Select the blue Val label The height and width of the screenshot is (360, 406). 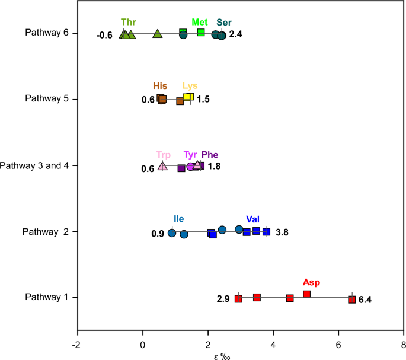coord(252,219)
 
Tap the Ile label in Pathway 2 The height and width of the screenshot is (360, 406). coord(178,219)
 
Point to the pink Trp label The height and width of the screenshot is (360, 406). coord(163,155)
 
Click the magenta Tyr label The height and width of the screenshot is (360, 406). coord(190,155)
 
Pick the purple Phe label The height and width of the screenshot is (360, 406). coord(210,155)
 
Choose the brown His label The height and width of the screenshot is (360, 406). coord(160,86)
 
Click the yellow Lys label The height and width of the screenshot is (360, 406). coord(190,86)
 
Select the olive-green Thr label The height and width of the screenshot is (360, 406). coord(127,22)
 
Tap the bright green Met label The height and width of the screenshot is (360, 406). coord(199,22)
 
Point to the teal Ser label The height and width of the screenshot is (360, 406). coord(224,22)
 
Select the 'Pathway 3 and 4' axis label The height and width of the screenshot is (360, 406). coord(36,165)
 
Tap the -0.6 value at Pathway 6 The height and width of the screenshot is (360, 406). coord(104,36)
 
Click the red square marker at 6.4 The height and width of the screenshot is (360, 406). coord(351,300)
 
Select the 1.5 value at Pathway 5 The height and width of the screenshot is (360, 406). coord(203,100)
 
